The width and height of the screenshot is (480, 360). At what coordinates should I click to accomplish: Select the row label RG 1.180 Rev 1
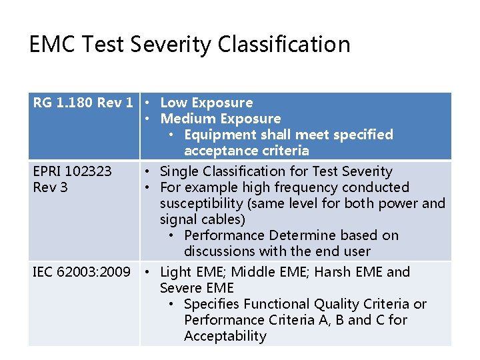click(83, 103)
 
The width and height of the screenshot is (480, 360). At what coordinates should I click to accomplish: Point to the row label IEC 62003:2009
click(82, 272)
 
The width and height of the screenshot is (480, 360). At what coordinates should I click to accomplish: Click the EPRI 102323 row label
click(73, 171)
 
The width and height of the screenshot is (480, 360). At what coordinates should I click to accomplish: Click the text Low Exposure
click(207, 103)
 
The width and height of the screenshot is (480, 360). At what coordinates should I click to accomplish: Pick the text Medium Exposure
click(221, 119)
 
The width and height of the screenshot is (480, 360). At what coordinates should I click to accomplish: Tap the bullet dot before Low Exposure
click(149, 103)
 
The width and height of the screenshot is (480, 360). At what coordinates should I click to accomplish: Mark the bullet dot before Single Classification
click(149, 171)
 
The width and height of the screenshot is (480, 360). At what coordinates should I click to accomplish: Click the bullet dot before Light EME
click(149, 272)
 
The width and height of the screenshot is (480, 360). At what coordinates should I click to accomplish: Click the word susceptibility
click(201, 203)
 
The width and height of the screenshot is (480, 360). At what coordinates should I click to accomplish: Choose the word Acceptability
click(225, 336)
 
